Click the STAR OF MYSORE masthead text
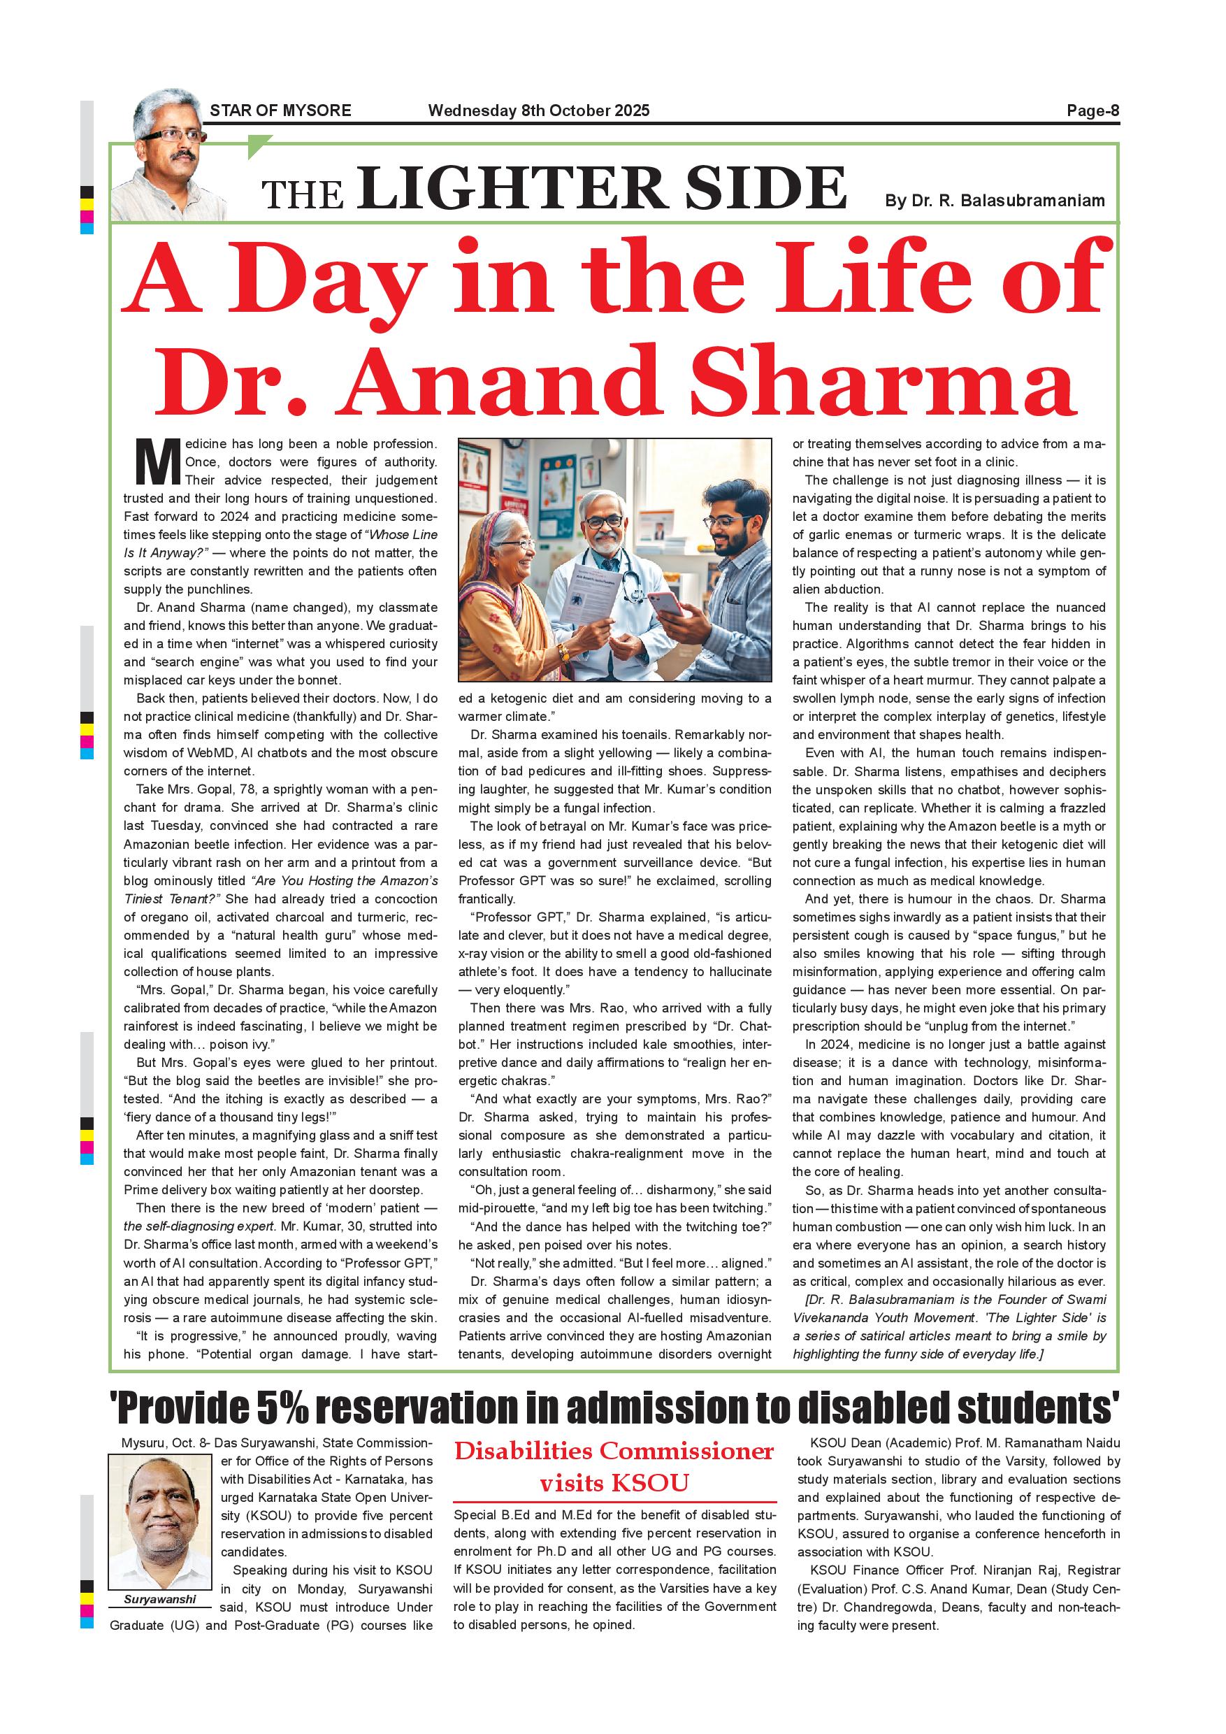coord(280,110)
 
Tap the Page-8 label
coord(1092,110)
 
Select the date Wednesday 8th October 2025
coord(538,110)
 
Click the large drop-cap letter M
coord(157,461)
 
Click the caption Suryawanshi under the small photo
coord(159,1599)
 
